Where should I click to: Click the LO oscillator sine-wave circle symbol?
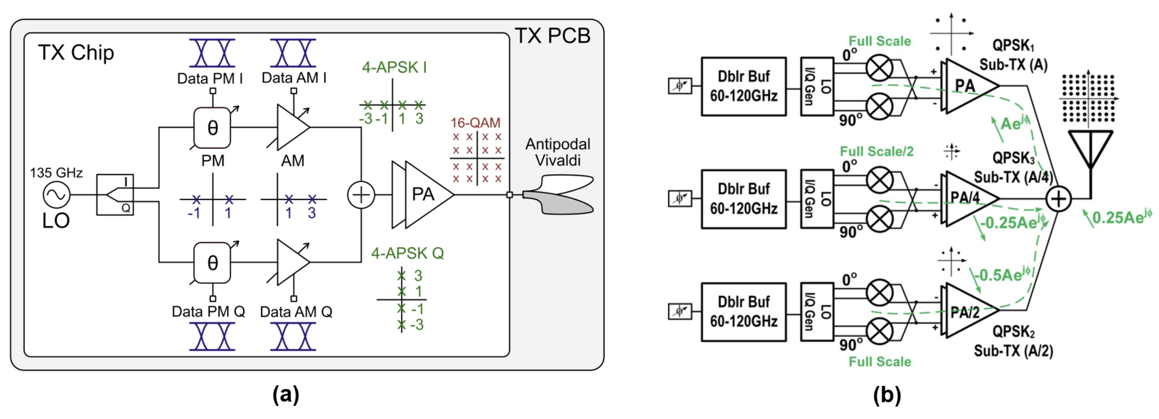tap(57, 195)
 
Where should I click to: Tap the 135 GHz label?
tap(56, 173)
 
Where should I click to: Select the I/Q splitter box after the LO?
tap(115, 195)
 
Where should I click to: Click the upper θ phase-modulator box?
tap(212, 128)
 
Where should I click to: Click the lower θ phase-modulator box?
tap(212, 263)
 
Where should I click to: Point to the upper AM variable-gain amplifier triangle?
tap(291, 127)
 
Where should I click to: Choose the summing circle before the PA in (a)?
tap(361, 195)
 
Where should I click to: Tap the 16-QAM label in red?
tap(475, 123)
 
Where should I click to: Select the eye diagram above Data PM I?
tap(212, 53)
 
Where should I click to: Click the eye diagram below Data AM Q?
tap(293, 337)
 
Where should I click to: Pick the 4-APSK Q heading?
tap(407, 253)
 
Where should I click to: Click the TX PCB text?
tap(552, 36)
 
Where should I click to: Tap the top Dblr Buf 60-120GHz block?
tap(743, 87)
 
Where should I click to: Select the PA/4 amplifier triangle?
tap(967, 198)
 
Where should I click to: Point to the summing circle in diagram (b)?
tap(1058, 199)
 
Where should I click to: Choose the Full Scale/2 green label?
tap(876, 151)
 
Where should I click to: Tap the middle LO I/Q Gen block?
tap(817, 199)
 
